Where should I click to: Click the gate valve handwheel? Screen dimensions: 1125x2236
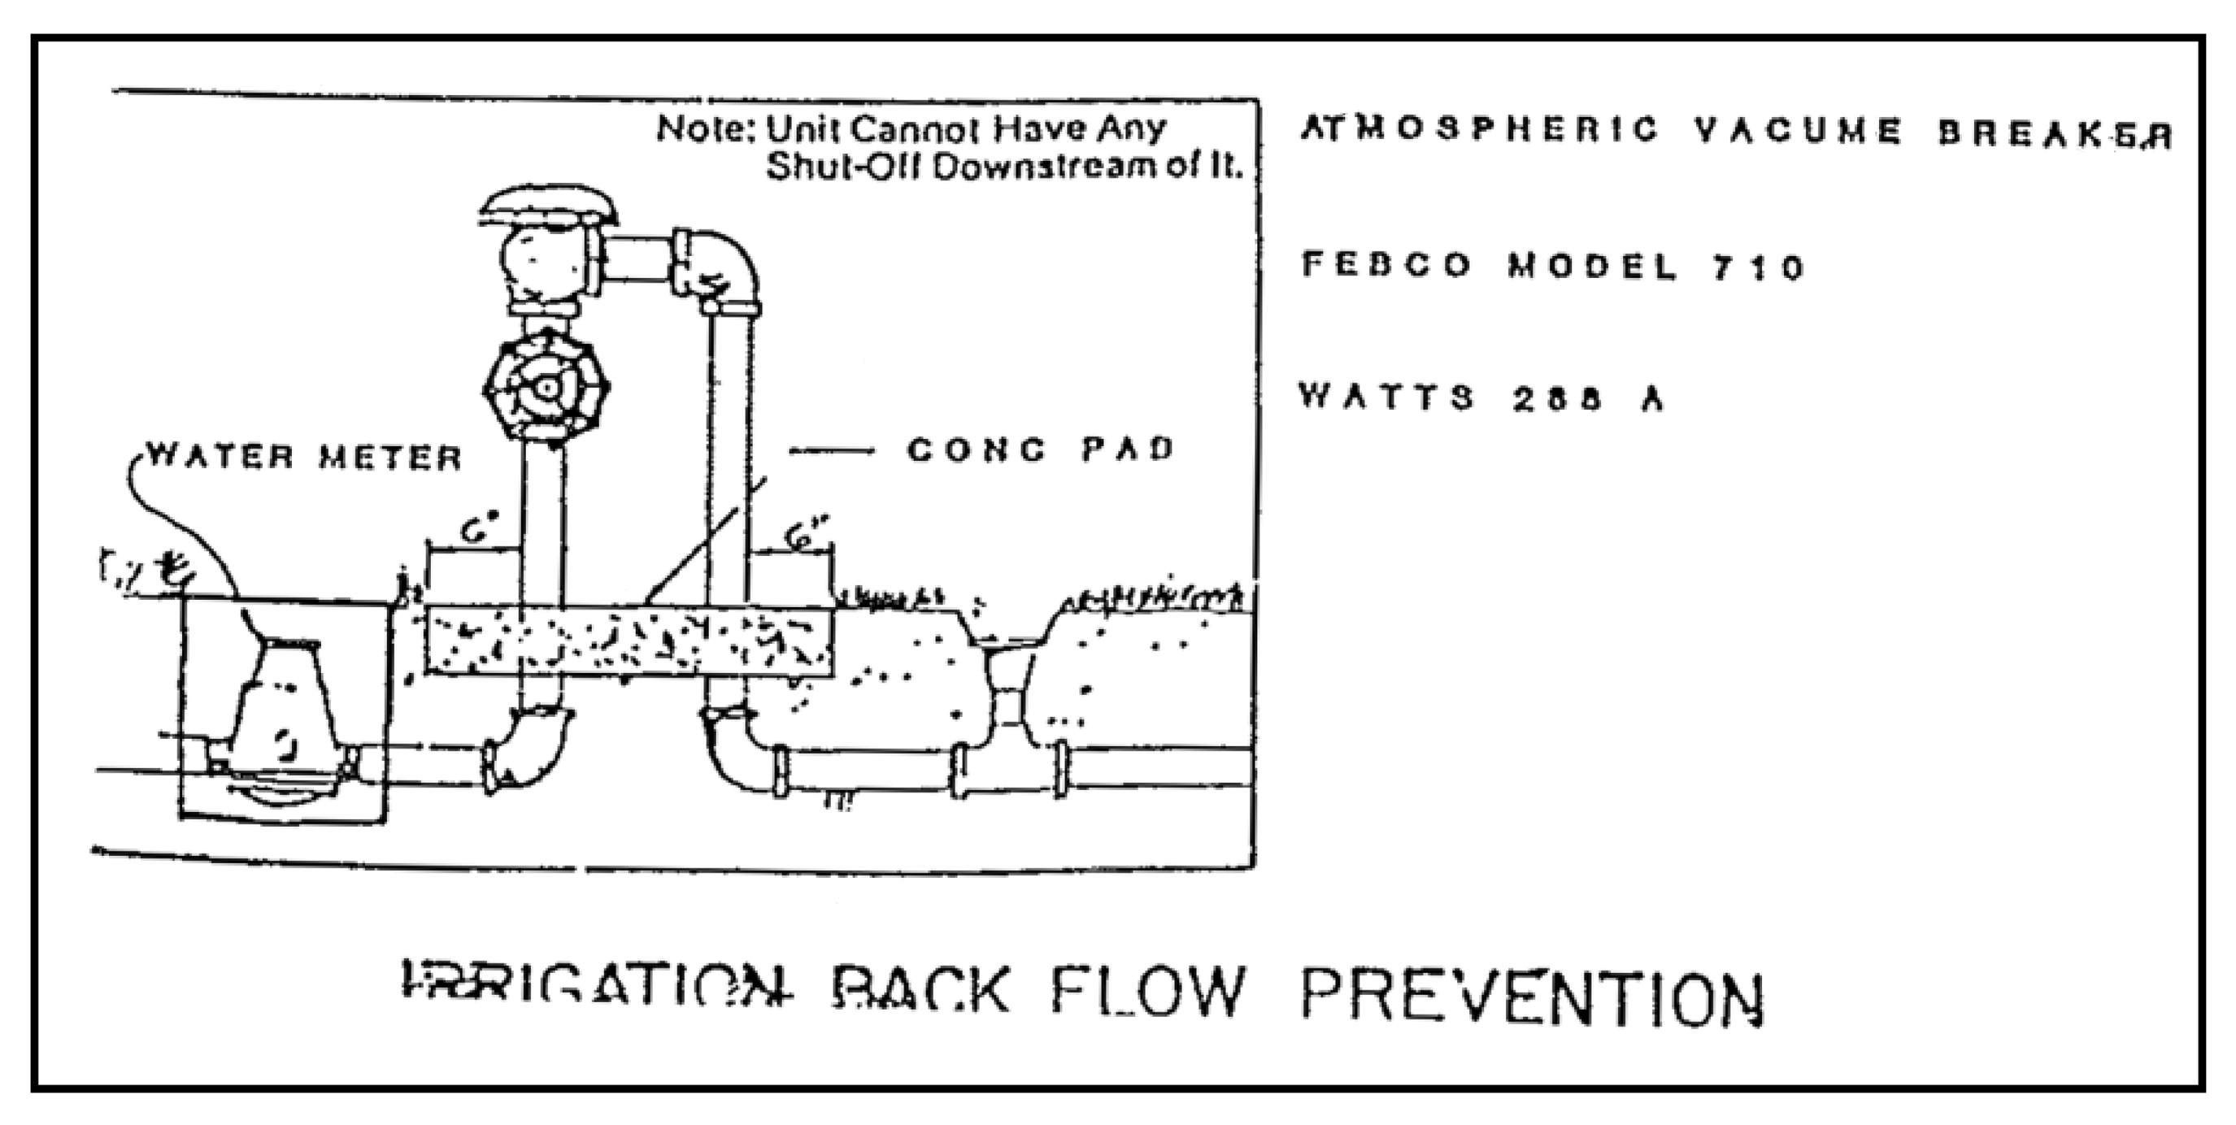coord(546,388)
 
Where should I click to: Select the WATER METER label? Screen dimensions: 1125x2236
coord(304,457)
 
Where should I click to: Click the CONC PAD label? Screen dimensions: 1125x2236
coord(1040,450)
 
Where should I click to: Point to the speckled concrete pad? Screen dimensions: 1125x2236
coord(629,641)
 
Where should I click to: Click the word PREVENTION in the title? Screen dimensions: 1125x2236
coord(1531,998)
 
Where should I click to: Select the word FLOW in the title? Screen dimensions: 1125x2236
coord(1147,992)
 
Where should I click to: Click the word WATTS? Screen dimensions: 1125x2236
coord(1386,397)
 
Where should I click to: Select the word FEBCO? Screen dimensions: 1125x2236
coord(1386,264)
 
